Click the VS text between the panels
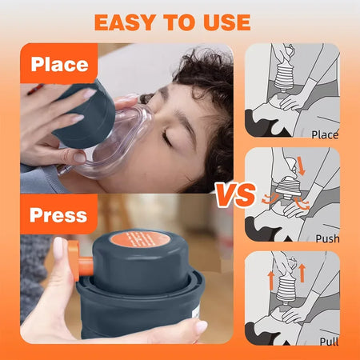pyautogui.click(x=234, y=194)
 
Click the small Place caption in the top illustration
pyautogui.click(x=324, y=134)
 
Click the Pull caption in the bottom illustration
pyautogui.click(x=327, y=341)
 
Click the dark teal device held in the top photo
pyautogui.click(x=84, y=112)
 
